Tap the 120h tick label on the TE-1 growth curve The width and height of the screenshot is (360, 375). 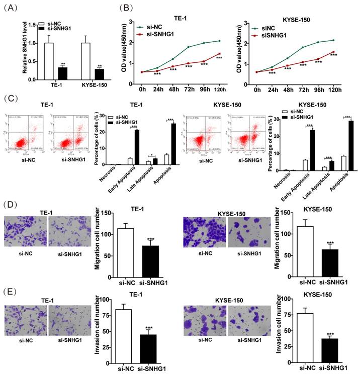pos(217,91)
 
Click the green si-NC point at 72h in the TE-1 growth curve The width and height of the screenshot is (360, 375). pos(188,47)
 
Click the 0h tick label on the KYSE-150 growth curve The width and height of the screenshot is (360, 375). pos(257,91)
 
